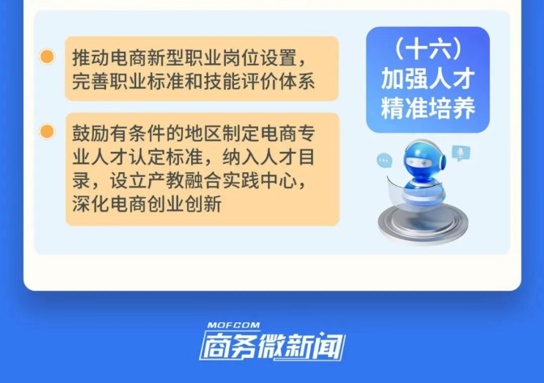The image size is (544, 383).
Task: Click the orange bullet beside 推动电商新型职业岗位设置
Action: point(47,57)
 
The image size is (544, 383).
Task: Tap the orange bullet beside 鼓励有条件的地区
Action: point(47,131)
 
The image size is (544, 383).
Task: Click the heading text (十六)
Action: point(427,48)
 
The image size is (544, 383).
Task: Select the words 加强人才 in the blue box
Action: point(427,78)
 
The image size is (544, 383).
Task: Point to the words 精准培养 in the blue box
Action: point(427,107)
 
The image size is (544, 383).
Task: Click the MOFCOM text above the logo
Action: point(233,325)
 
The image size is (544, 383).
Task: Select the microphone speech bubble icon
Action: point(461,153)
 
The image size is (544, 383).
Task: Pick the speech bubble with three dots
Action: point(385,160)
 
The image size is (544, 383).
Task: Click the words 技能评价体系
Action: point(260,82)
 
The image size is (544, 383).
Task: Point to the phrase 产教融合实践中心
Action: point(223,180)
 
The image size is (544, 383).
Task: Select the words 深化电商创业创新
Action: point(147,204)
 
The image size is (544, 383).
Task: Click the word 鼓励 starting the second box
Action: point(91,133)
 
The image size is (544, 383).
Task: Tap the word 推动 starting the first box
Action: point(91,58)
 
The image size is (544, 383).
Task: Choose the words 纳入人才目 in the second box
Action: point(269,157)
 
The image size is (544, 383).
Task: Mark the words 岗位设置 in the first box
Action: point(260,58)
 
